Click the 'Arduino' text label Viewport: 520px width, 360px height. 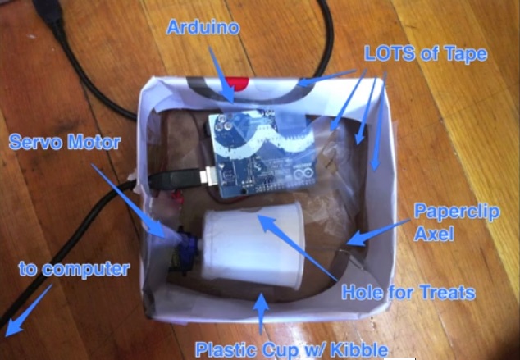(203, 27)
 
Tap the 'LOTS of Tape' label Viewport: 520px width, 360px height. (426, 55)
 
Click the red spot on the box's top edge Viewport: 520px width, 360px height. (237, 82)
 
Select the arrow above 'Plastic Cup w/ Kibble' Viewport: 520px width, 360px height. (262, 312)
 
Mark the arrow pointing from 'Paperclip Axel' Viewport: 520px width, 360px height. (376, 235)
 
